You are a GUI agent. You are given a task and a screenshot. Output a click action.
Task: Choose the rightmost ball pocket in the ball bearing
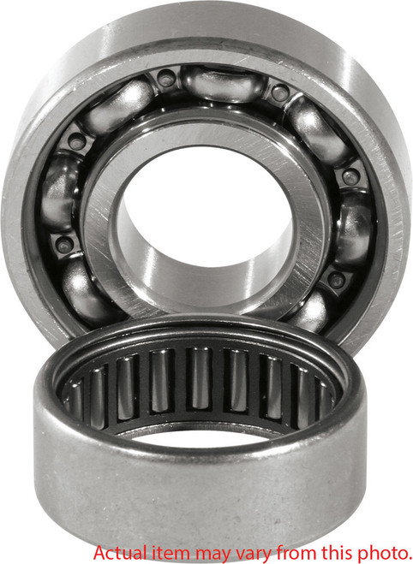354,229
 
